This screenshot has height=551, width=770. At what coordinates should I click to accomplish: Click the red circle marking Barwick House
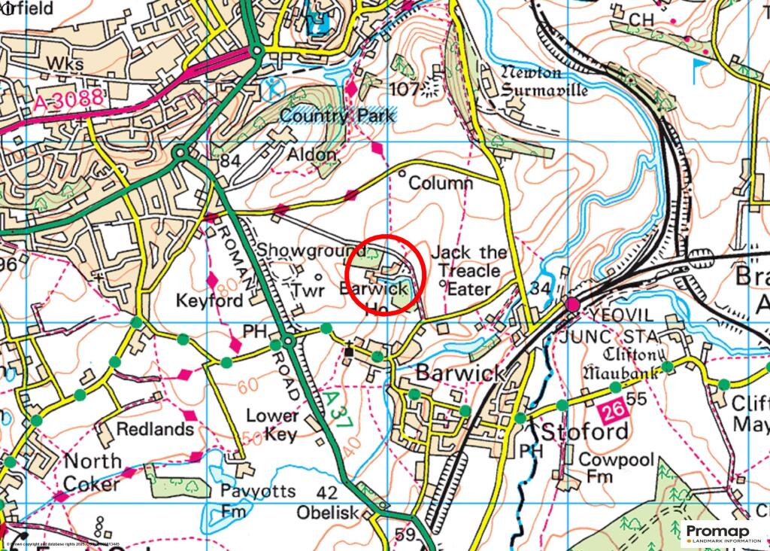click(x=387, y=276)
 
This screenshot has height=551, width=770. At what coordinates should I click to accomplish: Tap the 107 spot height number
click(x=404, y=90)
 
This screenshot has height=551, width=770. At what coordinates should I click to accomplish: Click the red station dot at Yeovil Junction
click(x=573, y=304)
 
